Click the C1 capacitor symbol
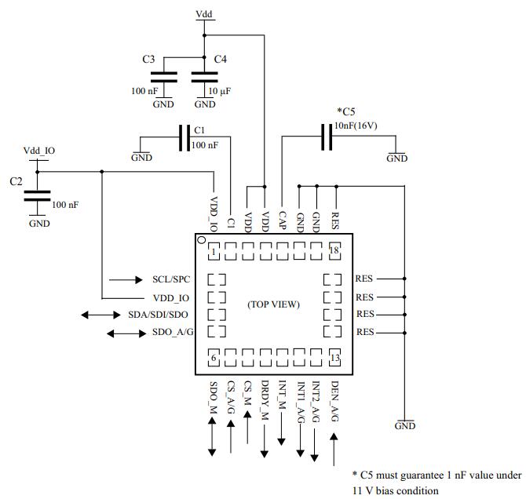point(184,139)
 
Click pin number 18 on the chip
point(334,251)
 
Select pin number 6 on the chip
point(214,358)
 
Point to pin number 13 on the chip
point(334,358)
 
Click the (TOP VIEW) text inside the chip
point(273,304)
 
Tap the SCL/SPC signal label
point(171,279)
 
